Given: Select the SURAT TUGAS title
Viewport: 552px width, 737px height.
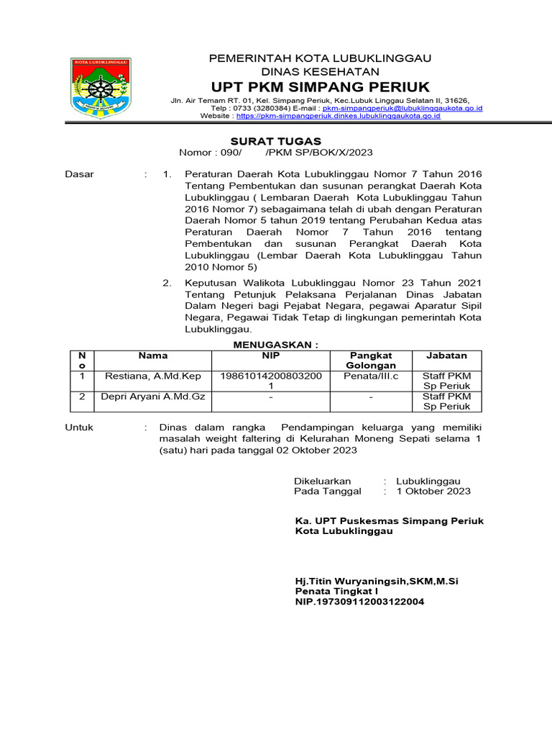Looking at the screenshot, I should pyautogui.click(x=275, y=141).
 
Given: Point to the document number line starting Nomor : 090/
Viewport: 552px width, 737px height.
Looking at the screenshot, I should pyautogui.click(x=275, y=153).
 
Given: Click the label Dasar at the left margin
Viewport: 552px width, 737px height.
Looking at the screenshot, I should pyautogui.click(x=80, y=174).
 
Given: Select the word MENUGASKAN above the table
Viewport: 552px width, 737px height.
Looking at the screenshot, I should pyautogui.click(x=276, y=345).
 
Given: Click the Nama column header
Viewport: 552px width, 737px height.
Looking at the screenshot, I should pyautogui.click(x=153, y=356).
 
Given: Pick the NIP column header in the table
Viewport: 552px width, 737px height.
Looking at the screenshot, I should pyautogui.click(x=271, y=356).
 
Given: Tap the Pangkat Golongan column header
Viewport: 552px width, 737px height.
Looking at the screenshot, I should pyautogui.click(x=371, y=361).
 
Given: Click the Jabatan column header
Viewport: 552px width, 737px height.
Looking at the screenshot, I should pyautogui.click(x=446, y=356).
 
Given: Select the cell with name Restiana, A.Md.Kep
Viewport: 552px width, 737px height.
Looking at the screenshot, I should pyautogui.click(x=153, y=376).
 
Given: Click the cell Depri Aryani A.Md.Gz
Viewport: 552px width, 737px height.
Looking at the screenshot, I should pyautogui.click(x=153, y=397).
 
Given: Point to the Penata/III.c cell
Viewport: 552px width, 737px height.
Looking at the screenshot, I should pyautogui.click(x=371, y=376).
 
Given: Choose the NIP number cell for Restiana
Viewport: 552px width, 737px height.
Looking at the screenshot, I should pyautogui.click(x=271, y=381).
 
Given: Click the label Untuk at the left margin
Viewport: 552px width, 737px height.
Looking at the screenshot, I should pyautogui.click(x=80, y=428).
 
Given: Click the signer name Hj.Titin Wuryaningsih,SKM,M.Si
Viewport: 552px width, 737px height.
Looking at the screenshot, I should pyautogui.click(x=377, y=580).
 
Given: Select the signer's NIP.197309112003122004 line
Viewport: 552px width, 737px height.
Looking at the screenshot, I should pyautogui.click(x=359, y=601).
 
